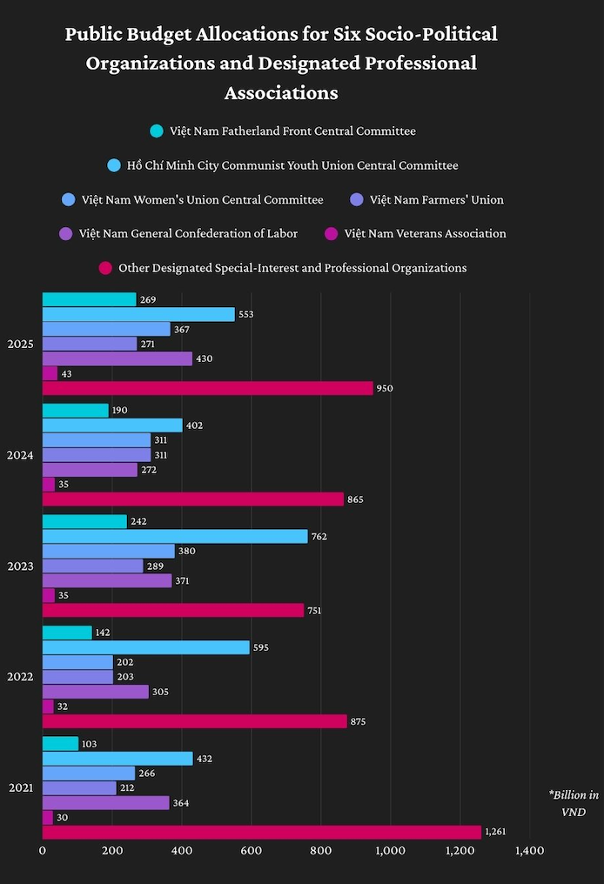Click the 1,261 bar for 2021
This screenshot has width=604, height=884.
pos(261,833)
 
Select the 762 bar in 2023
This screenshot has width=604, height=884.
pos(175,536)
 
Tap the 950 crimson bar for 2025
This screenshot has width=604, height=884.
pos(207,388)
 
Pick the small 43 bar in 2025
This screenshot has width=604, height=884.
pos(50,373)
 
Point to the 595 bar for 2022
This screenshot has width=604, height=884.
pos(145,647)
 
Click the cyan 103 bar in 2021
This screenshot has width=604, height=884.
pos(60,744)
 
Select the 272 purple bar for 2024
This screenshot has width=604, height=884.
pos(90,470)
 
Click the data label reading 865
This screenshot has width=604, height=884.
pos(355,499)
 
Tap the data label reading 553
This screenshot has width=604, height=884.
pos(245,314)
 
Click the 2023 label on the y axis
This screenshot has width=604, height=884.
pos(20,566)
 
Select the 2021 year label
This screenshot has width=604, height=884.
pos(20,787)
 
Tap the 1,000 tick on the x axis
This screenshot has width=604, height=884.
pos(390,851)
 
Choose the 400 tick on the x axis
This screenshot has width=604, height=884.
pos(181,851)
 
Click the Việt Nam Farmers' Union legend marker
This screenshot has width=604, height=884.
pos(355,200)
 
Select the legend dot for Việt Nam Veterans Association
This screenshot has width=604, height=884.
pos(330,234)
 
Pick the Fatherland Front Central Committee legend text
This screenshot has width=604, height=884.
pos(292,131)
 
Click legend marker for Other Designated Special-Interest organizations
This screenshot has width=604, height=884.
pos(104,268)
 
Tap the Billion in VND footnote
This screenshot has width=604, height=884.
pos(573,803)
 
